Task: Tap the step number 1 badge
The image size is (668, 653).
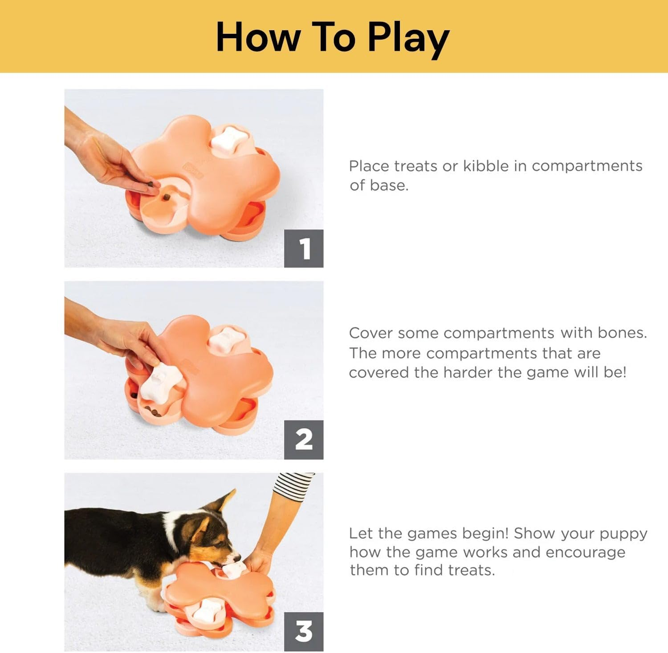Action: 304,248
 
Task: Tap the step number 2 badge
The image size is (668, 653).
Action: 304,439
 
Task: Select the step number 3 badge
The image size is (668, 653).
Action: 304,631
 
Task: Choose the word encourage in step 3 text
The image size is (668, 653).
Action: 585,552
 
